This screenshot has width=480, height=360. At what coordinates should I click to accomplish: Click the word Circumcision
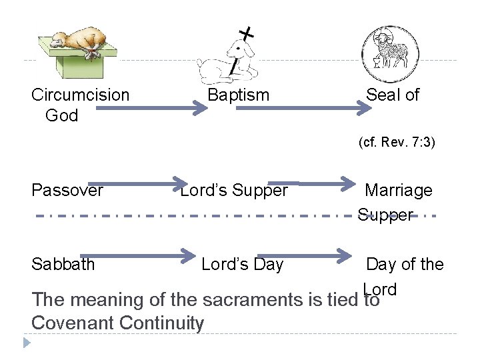(x=81, y=95)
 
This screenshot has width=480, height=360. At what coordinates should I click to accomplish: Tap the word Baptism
(x=238, y=95)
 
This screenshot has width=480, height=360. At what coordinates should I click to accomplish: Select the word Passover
(x=67, y=191)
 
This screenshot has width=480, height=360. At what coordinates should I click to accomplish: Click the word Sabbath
(x=63, y=264)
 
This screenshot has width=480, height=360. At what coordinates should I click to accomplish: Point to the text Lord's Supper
(x=235, y=191)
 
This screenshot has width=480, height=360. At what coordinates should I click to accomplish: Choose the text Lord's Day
(x=242, y=264)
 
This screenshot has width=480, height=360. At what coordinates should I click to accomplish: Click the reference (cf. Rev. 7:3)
(x=397, y=142)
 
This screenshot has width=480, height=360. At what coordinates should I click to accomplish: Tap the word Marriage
(x=399, y=191)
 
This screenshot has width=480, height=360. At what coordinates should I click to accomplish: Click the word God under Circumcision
(x=61, y=115)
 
